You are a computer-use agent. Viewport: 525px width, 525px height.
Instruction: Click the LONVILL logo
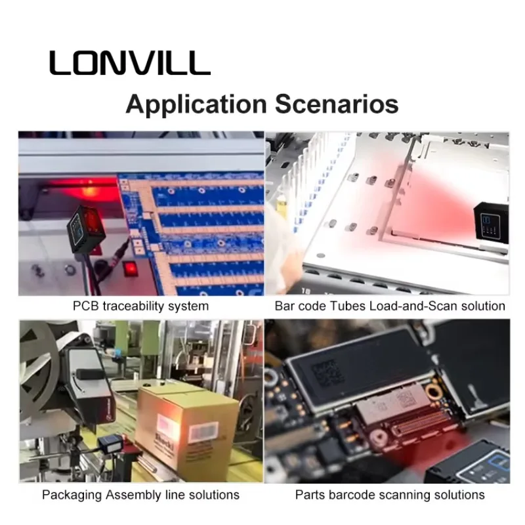(129, 63)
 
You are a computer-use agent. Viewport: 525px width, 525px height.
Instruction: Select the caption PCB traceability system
(141, 306)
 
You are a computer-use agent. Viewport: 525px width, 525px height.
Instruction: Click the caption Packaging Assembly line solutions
(140, 494)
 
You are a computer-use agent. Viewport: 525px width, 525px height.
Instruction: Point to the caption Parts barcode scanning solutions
(389, 494)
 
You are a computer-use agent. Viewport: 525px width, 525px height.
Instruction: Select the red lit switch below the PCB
(130, 268)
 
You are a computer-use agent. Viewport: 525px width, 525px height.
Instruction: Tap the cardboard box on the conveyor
(186, 427)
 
